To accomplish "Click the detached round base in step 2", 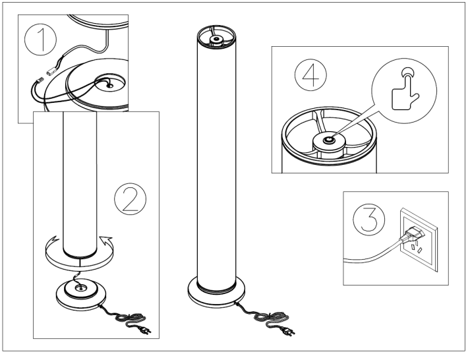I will point(80,293).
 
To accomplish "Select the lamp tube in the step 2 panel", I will point(79,185).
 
